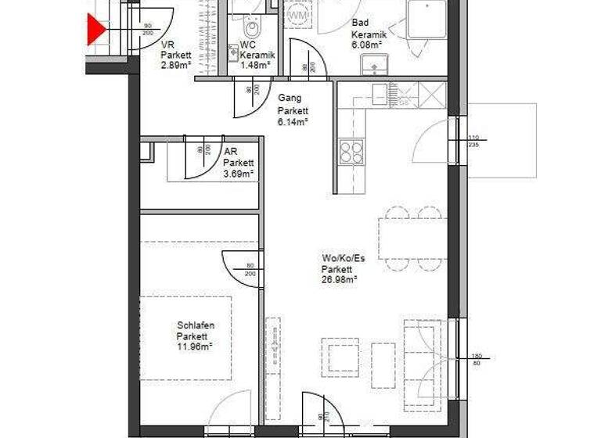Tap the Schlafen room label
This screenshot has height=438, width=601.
[x=195, y=325]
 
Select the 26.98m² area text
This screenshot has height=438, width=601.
[x=339, y=279]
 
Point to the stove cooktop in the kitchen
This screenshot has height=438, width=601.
[x=352, y=150]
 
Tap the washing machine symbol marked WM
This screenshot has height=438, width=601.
[x=297, y=14]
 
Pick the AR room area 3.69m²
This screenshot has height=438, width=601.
[x=238, y=174]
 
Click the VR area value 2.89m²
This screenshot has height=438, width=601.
[x=176, y=65]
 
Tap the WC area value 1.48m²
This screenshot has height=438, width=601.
[x=255, y=65]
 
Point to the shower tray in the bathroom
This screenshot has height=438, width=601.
[x=427, y=19]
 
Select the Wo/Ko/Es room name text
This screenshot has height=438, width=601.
[x=343, y=259]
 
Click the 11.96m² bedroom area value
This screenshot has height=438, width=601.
[x=195, y=346]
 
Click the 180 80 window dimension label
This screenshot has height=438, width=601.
[x=476, y=358]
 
